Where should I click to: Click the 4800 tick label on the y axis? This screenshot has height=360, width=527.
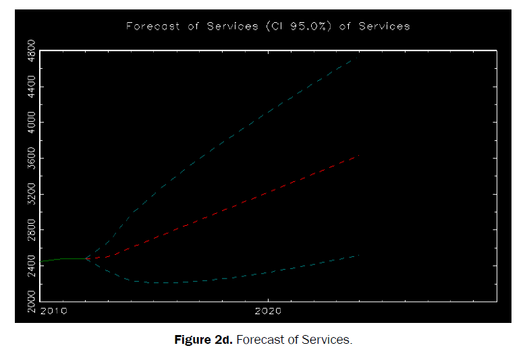click(30, 51)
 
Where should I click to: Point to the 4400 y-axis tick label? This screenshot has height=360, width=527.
click(30, 87)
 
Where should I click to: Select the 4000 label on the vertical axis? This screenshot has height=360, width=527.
click(30, 123)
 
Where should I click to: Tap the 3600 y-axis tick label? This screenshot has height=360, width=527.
click(30, 158)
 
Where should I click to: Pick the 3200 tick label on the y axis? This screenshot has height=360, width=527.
click(30, 194)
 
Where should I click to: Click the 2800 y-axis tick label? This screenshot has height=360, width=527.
click(30, 230)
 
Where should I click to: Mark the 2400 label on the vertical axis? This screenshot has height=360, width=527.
click(30, 266)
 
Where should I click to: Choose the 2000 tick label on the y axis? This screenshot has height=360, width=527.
click(30, 301)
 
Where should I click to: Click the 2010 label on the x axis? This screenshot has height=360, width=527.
click(53, 311)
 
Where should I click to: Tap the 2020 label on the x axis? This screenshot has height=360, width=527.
click(269, 311)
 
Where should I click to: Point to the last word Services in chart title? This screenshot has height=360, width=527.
click(384, 26)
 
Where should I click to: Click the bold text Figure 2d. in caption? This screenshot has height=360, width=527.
click(203, 340)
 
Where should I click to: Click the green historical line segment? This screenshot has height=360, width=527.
click(64, 259)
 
